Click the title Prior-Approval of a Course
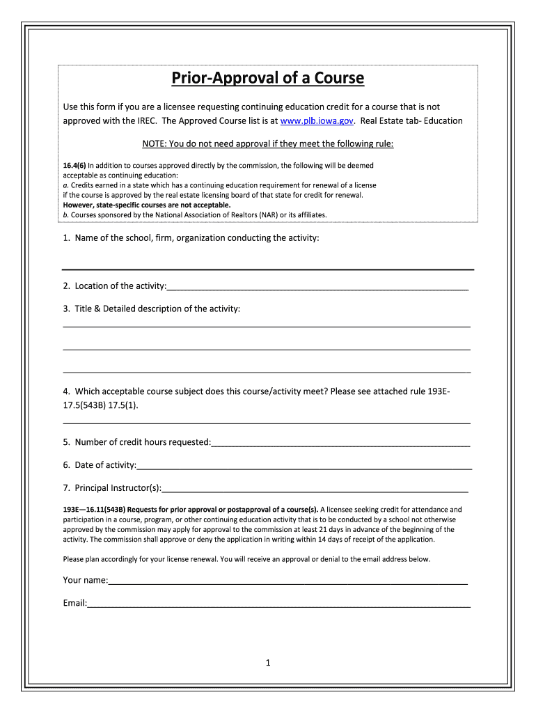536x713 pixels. click(x=268, y=77)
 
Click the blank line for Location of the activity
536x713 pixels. click(x=317, y=288)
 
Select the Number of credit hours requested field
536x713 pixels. click(x=340, y=444)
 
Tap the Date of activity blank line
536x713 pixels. click(x=304, y=467)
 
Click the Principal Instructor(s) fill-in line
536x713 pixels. click(x=315, y=489)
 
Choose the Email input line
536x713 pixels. click(x=278, y=605)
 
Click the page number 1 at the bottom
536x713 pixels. click(x=267, y=663)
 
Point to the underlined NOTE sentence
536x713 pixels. click(x=268, y=144)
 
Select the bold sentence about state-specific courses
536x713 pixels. click(x=146, y=205)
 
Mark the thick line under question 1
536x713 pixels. click(x=268, y=269)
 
